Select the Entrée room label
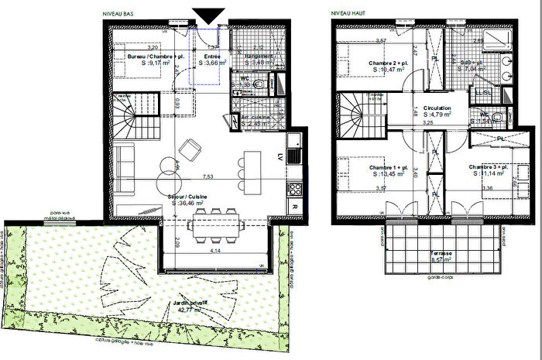click(210, 57)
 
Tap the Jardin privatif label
click(189, 303)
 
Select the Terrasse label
click(421, 253)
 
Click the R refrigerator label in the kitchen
click(294, 207)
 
